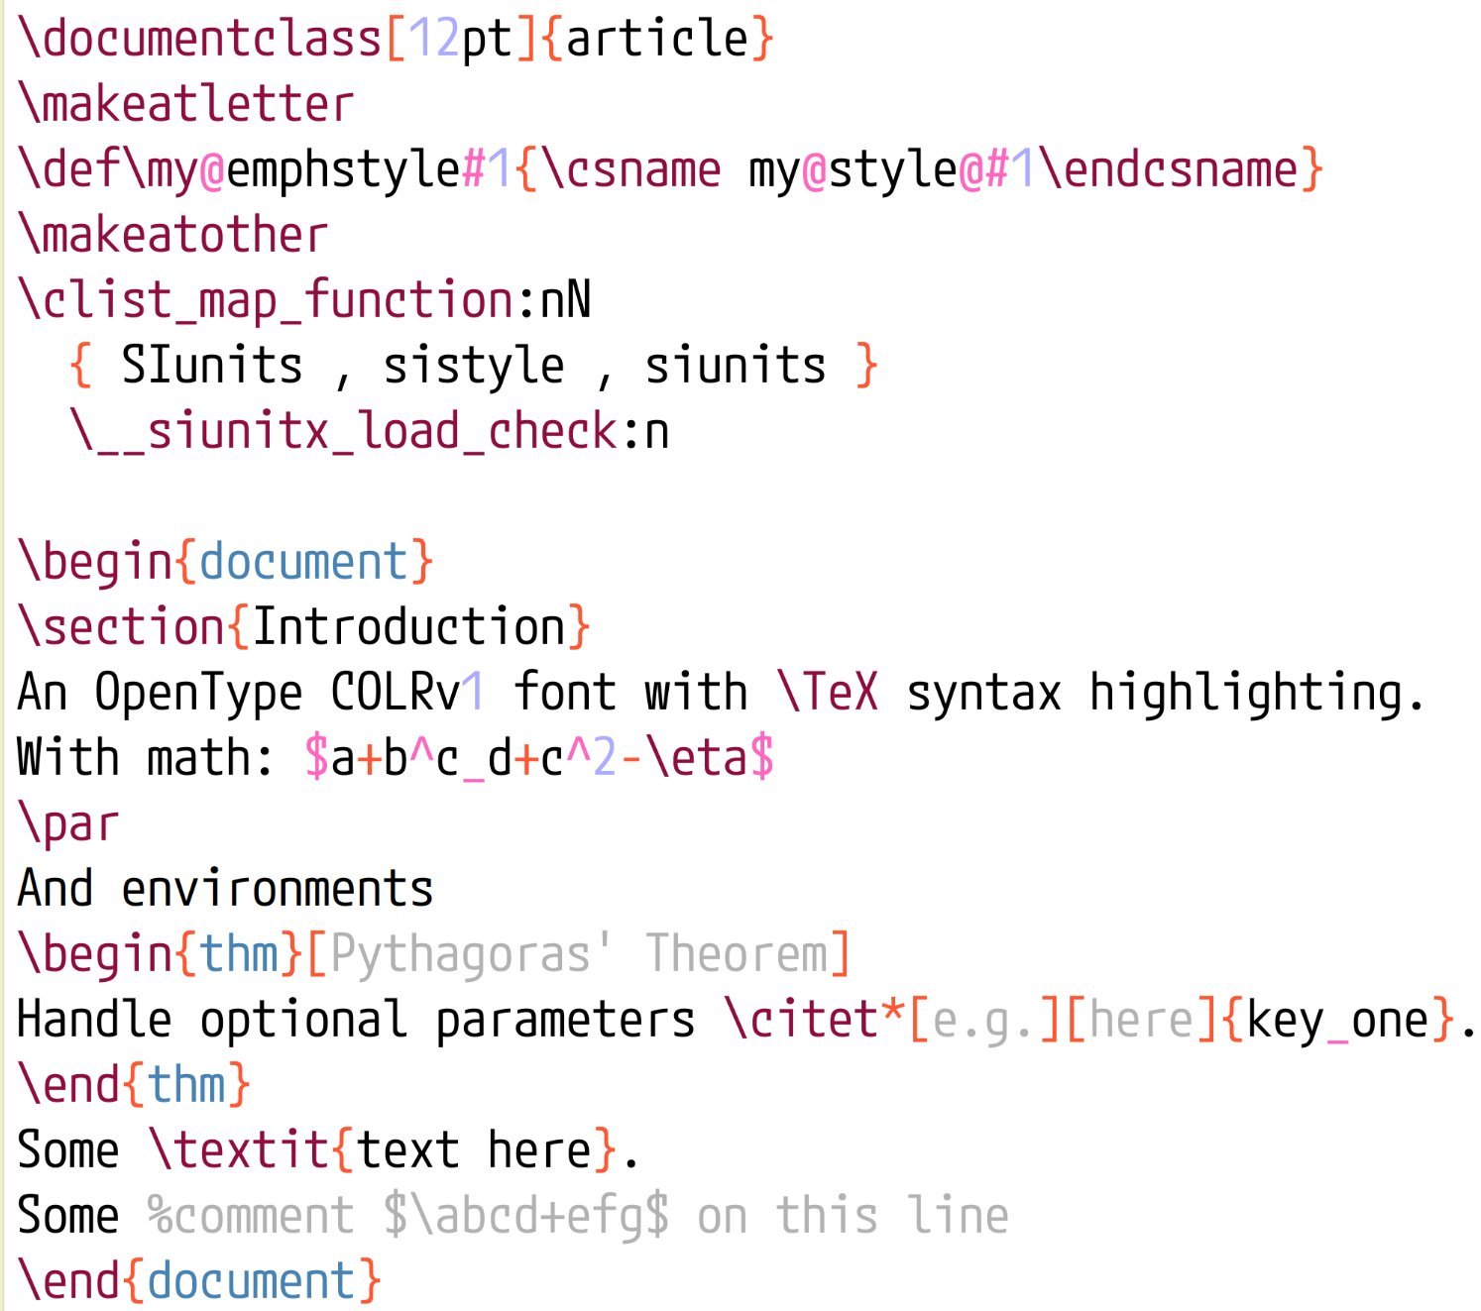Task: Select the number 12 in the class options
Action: click(x=434, y=40)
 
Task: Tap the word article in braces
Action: click(x=656, y=40)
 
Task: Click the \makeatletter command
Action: click(x=186, y=105)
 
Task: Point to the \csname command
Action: click(x=630, y=170)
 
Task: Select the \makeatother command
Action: click(x=173, y=236)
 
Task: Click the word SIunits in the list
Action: click(x=212, y=367)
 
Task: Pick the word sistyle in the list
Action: click(x=474, y=367)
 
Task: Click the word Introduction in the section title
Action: click(x=408, y=628)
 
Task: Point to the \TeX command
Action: click(x=829, y=694)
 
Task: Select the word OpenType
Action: click(x=198, y=694)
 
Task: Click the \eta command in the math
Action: click(x=696, y=759)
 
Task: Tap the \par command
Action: click(x=69, y=824)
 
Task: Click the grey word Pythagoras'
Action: click(x=471, y=955)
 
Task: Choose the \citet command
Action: click(x=801, y=1021)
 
